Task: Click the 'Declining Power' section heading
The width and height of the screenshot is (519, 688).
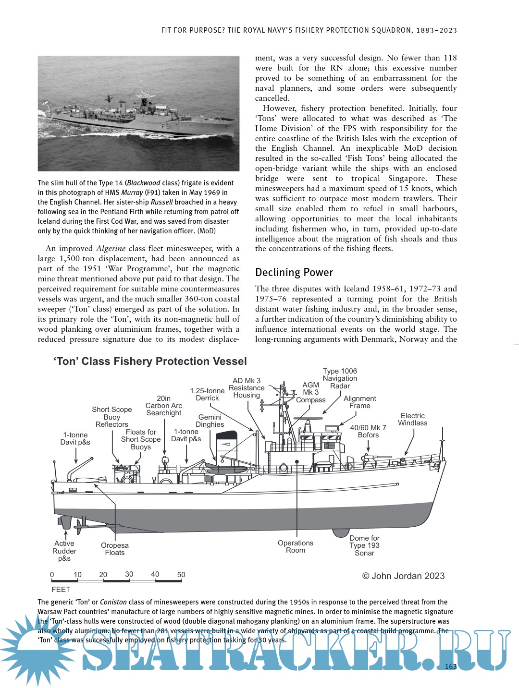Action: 294,273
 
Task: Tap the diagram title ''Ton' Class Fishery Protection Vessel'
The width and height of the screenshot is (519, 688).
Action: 150,362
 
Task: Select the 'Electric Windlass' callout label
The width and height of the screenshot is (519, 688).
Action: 412,419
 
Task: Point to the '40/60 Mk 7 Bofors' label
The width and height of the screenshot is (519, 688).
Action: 368,431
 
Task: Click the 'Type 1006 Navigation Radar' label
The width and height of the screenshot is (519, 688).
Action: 340,378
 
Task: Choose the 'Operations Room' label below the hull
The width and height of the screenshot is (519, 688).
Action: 296,546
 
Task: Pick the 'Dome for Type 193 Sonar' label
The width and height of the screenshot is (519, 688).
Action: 364,545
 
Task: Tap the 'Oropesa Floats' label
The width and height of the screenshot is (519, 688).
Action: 115,549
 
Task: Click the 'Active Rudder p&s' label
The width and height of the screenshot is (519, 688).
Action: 64,551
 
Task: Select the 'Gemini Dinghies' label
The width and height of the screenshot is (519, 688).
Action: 210,421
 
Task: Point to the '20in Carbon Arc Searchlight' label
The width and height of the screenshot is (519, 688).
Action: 164,406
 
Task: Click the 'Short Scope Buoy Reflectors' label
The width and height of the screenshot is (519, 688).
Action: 112,417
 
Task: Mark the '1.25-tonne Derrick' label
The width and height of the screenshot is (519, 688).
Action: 207,394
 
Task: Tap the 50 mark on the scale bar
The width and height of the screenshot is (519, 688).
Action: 181,575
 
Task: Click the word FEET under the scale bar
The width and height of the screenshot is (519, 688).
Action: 61,590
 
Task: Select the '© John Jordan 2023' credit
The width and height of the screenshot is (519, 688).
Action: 403,576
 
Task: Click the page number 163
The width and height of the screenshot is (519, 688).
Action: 451,666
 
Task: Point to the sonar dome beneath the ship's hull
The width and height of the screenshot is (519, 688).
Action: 341,532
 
